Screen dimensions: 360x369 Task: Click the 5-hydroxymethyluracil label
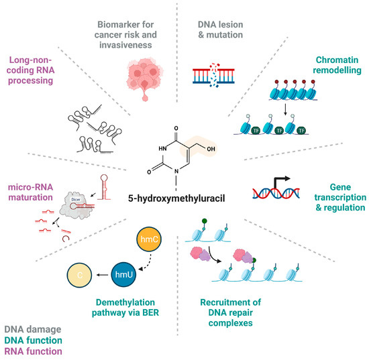[180, 199]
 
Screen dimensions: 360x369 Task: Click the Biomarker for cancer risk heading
[144, 23]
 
